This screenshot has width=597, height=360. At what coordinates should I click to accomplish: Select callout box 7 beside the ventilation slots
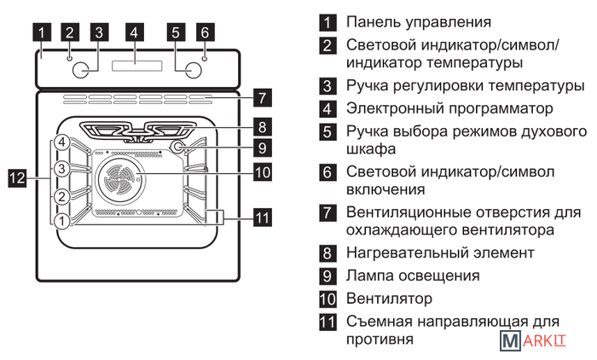(263, 96)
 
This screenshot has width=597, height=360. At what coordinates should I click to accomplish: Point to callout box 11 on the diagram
(263, 217)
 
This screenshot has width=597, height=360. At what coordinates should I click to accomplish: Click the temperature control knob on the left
(82, 69)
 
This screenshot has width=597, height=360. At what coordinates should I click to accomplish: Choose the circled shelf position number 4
(61, 142)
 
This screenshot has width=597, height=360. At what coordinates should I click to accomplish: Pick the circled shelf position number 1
(61, 221)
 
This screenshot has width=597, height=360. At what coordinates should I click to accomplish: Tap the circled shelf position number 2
(61, 196)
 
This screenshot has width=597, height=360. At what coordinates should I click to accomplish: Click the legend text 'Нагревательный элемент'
(440, 253)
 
